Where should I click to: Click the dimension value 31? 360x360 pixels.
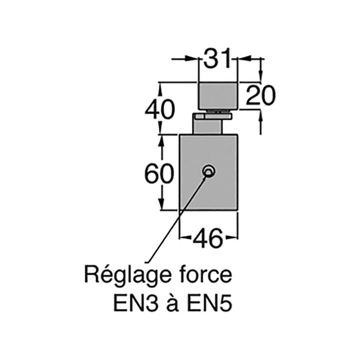click(x=217, y=58)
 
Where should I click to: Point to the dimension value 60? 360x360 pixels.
click(x=158, y=174)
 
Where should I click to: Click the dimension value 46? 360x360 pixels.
click(x=208, y=237)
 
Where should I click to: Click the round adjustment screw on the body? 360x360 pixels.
click(x=208, y=171)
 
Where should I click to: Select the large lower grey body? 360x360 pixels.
click(x=208, y=189)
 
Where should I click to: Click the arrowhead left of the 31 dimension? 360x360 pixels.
click(x=194, y=58)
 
